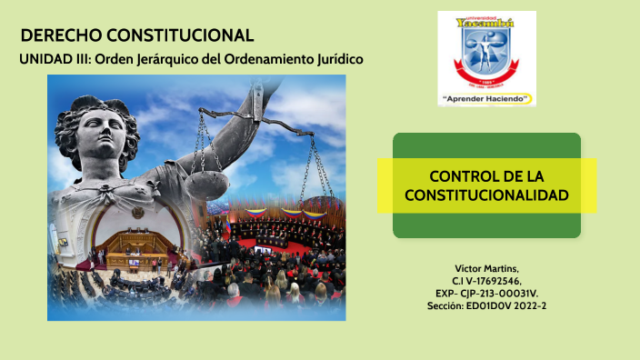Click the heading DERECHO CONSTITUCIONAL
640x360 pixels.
pyautogui.click(x=136, y=35)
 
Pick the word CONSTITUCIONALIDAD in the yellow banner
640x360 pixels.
pyautogui.click(x=487, y=195)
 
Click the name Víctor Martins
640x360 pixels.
pyautogui.click(x=486, y=268)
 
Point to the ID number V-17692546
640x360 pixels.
pyautogui.click(x=495, y=281)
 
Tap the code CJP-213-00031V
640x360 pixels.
pyautogui.click(x=499, y=294)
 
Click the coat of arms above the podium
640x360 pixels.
pyautogui.click(x=137, y=212)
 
